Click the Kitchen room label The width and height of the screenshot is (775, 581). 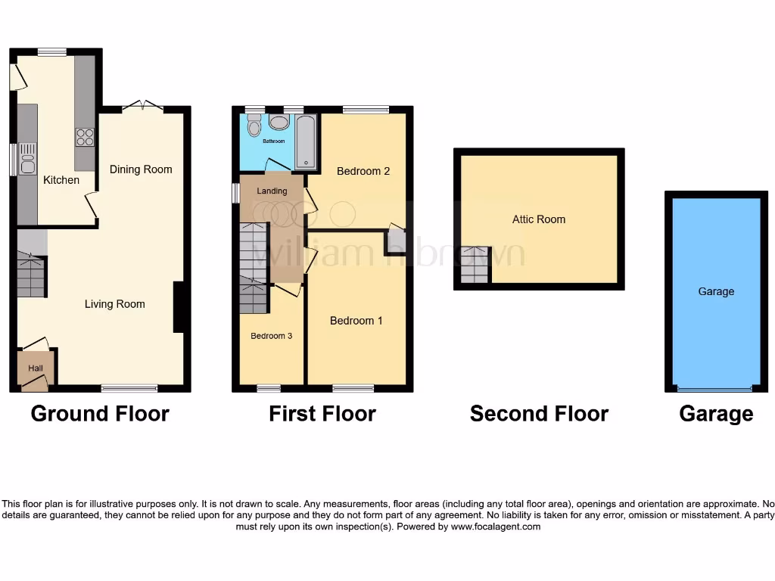(x=61, y=180)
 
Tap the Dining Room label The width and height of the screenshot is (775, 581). (x=141, y=169)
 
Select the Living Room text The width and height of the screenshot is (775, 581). (x=114, y=304)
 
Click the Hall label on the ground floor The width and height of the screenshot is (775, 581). (x=36, y=368)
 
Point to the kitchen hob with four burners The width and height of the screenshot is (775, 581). (x=85, y=137)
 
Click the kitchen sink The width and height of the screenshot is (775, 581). (x=27, y=159)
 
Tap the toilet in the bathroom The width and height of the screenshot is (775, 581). (x=254, y=125)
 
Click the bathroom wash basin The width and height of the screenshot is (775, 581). (x=279, y=122)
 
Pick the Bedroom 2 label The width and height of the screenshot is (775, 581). (x=363, y=171)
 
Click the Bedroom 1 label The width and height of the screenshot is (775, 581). (x=356, y=321)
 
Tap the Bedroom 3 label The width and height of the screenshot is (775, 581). (x=272, y=336)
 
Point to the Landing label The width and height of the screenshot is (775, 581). (x=272, y=191)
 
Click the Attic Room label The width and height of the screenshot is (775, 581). (x=539, y=219)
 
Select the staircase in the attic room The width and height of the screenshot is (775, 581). (x=475, y=266)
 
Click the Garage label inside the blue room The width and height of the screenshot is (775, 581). (x=716, y=291)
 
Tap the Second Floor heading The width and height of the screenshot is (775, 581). (x=539, y=414)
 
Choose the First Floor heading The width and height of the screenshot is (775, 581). (x=322, y=414)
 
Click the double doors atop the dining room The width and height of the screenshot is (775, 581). (x=142, y=107)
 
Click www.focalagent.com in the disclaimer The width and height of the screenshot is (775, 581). (x=495, y=527)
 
